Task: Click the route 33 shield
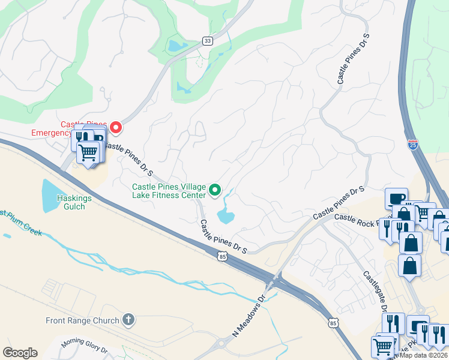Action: tap(208, 41)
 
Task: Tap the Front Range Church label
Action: tap(82, 320)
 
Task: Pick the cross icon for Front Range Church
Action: tap(128, 320)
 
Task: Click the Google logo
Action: tap(20, 353)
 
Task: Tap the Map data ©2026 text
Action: tap(423, 355)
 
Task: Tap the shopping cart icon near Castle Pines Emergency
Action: tap(88, 153)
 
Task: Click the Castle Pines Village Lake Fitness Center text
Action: tap(169, 190)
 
